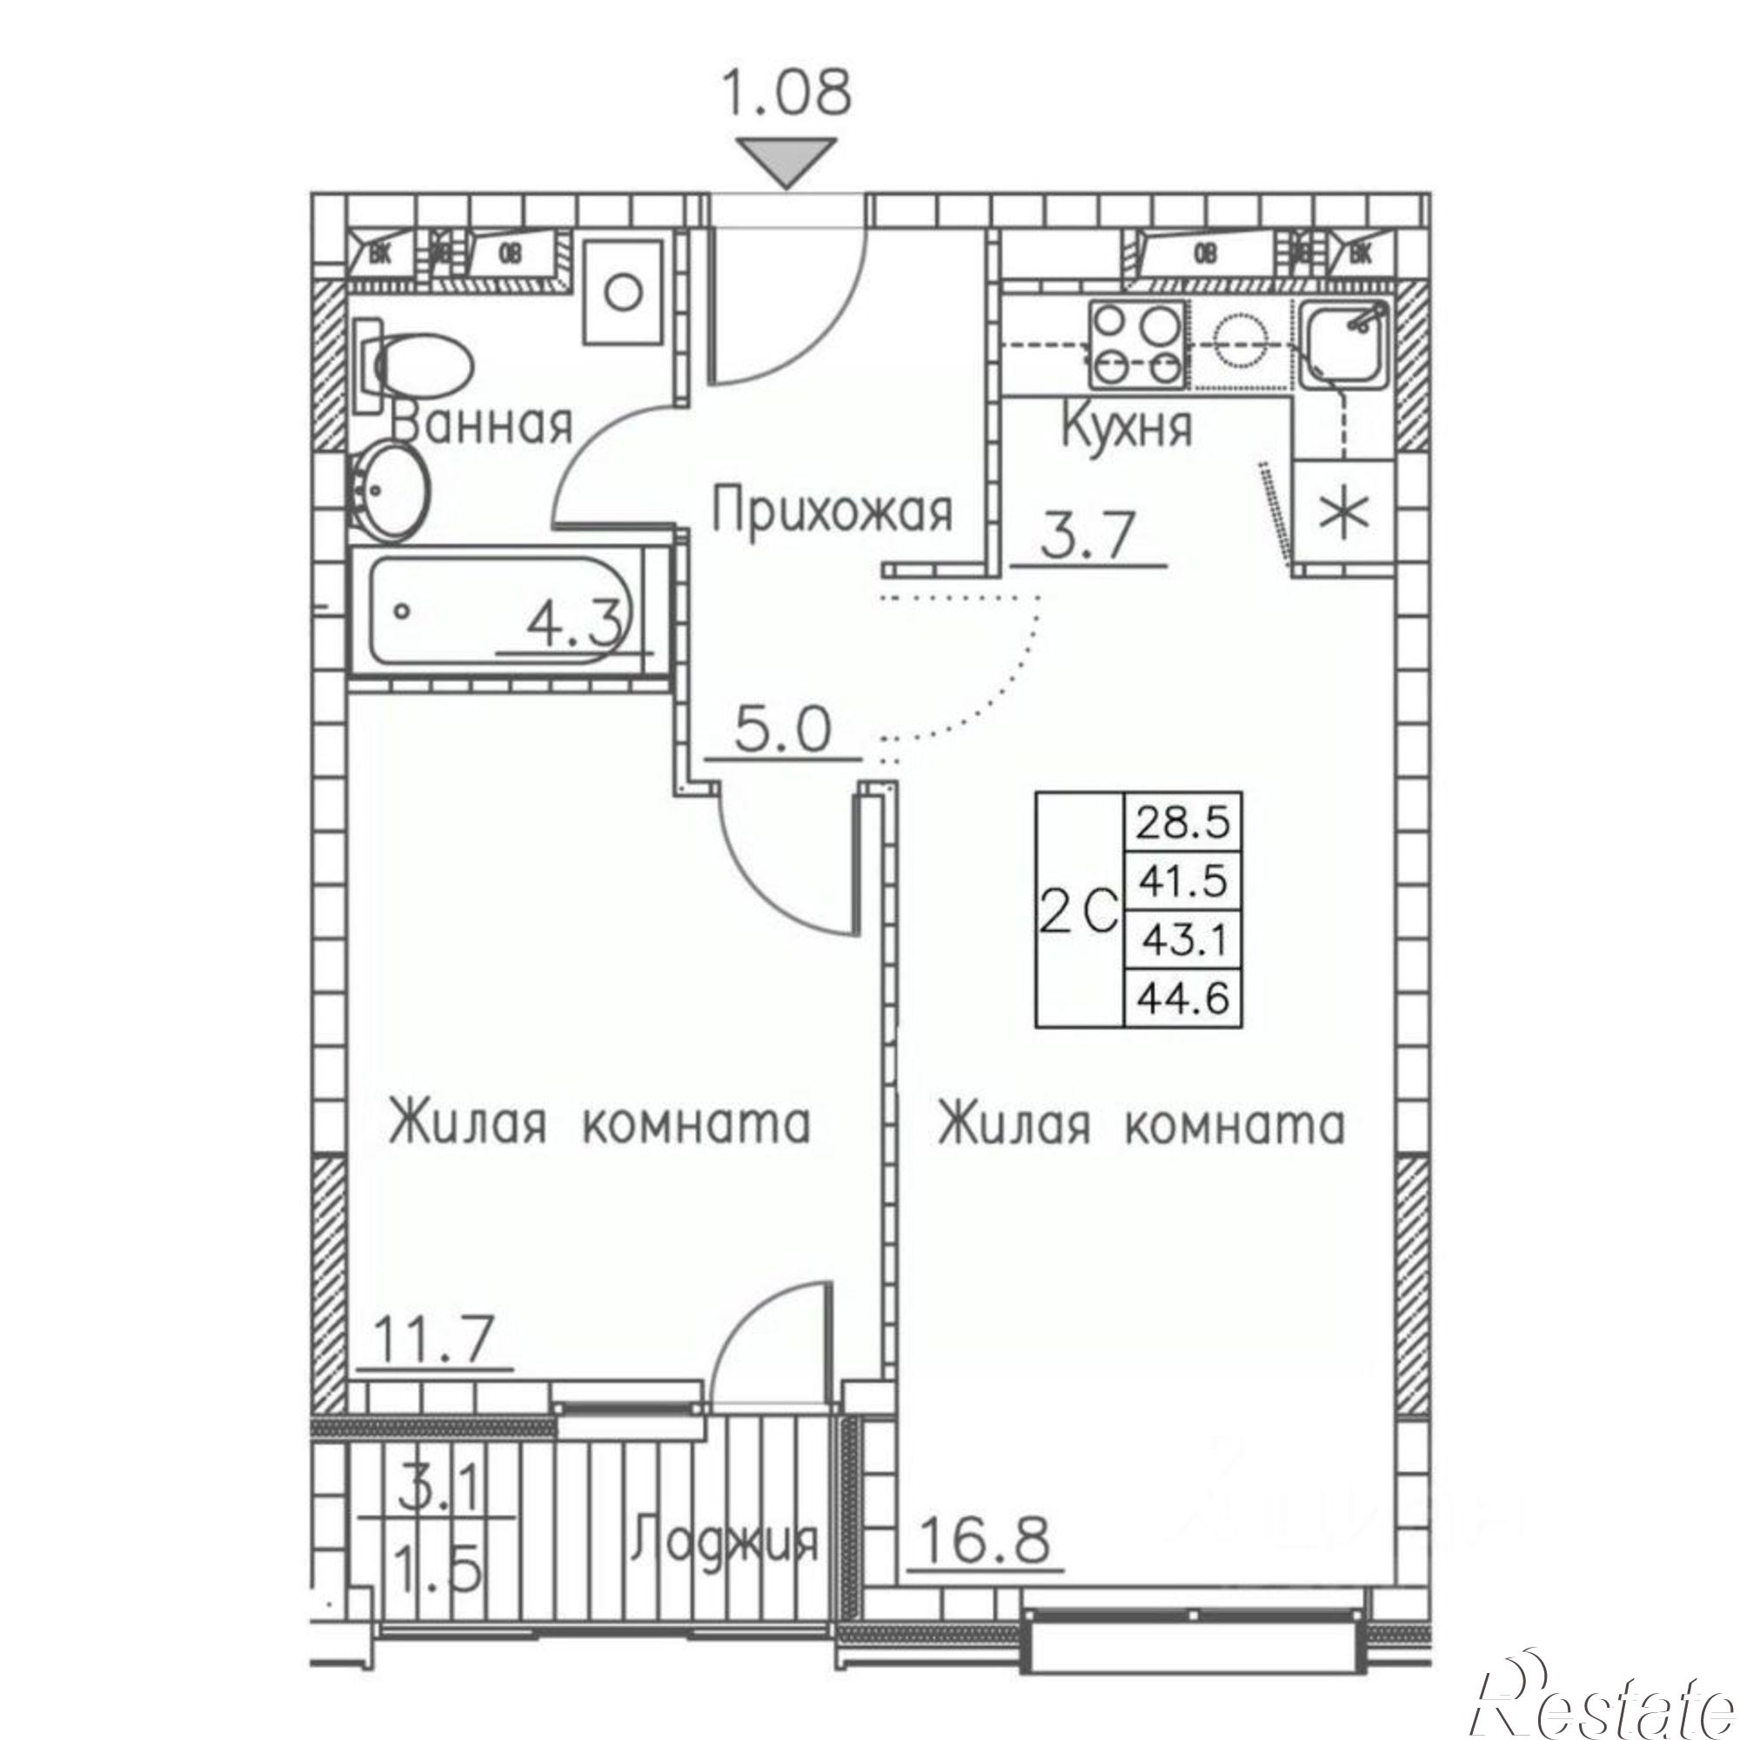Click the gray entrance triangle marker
pyautogui.click(x=786, y=160)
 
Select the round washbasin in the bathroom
pyautogui.click(x=388, y=492)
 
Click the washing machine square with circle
pyautogui.click(x=623, y=292)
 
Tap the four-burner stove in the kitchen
pyautogui.click(x=1136, y=343)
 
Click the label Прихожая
pyautogui.click(x=833, y=511)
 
